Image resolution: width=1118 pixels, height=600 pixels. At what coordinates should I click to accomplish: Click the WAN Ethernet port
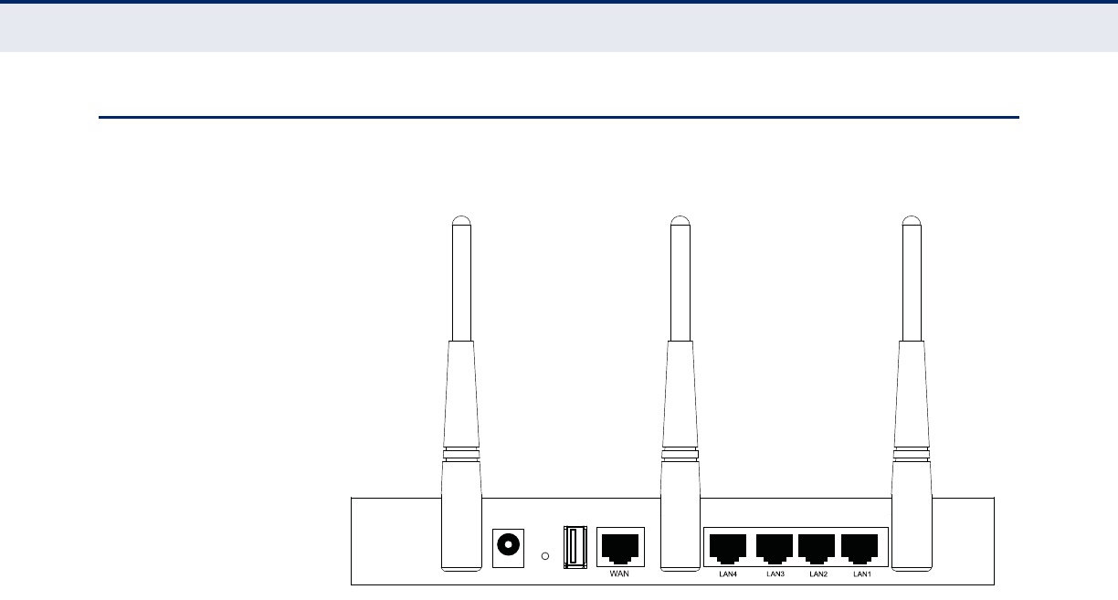coord(620,548)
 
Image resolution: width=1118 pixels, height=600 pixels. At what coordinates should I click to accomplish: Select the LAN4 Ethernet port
coord(728,548)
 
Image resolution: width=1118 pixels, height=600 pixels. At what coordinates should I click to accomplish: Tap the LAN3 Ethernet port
coord(775,548)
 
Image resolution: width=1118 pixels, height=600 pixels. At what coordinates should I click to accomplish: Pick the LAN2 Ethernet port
coord(818,548)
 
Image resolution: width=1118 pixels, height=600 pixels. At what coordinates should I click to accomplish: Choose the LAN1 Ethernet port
coord(862,548)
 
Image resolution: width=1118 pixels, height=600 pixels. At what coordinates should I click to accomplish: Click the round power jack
coord(508,545)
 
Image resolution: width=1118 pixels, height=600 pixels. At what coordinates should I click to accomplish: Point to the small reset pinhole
coord(545,555)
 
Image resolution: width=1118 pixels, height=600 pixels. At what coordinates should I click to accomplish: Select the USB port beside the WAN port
coord(575,548)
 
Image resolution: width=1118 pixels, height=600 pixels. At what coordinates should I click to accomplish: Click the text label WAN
coord(619,574)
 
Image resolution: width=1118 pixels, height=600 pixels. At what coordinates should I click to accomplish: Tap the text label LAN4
coord(728,574)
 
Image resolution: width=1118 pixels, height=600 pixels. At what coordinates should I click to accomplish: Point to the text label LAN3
coord(775,574)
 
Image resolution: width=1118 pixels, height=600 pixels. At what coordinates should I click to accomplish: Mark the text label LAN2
coord(818,574)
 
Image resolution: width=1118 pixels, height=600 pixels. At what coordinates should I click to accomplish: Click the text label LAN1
coord(862,574)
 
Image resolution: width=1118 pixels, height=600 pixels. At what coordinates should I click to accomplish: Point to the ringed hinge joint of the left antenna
coord(461,453)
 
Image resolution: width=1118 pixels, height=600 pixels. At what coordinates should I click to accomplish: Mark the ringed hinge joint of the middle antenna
coord(680,453)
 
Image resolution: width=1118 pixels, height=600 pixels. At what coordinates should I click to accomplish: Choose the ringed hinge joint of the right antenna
coord(912,453)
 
